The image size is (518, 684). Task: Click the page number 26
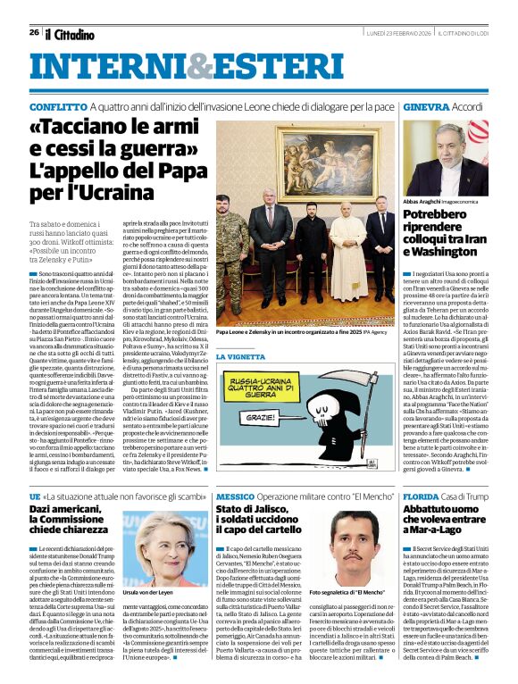(33, 33)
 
